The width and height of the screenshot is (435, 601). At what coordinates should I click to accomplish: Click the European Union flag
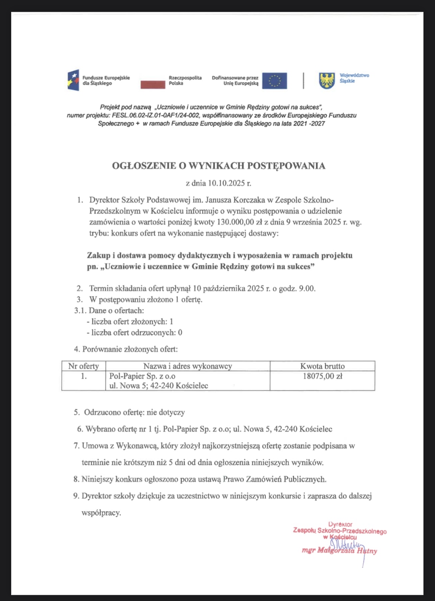274,81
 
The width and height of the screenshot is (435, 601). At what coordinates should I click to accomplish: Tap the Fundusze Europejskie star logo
73,80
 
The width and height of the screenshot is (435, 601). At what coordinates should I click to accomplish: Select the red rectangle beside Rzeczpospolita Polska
152,84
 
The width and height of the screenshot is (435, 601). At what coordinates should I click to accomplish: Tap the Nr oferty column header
84,366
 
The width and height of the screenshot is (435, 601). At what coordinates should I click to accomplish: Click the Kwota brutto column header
322,366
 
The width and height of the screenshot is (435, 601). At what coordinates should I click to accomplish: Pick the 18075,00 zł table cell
322,376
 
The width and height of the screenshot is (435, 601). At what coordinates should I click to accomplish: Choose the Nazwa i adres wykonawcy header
188,366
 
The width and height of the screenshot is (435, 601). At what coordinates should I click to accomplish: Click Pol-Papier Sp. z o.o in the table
142,376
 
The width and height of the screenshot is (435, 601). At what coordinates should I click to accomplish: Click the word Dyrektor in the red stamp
340,524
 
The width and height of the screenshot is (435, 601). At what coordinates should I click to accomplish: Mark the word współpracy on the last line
101,512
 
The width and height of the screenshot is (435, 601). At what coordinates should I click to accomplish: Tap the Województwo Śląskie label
354,78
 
